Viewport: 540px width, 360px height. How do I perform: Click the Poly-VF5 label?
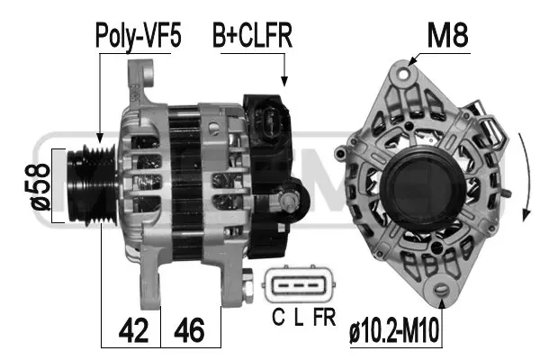138,37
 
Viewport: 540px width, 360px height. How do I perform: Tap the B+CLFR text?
253,37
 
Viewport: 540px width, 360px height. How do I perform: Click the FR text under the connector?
320,316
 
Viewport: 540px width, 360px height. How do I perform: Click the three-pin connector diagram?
299,286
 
